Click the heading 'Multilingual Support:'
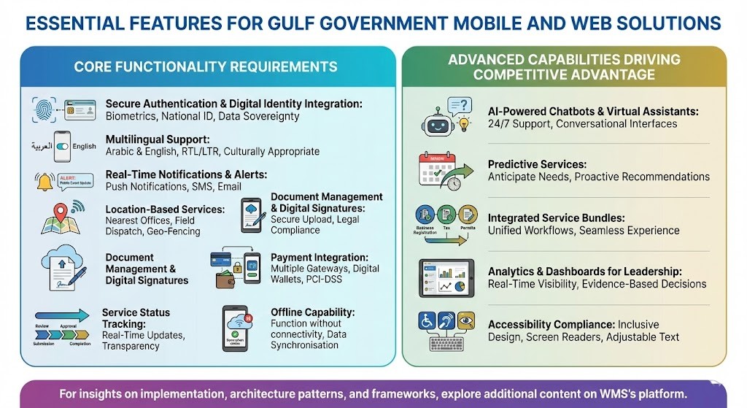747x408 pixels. coord(158,139)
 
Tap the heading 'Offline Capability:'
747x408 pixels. coord(312,312)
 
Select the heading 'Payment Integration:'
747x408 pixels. coord(320,258)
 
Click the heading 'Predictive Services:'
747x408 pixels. coord(537,164)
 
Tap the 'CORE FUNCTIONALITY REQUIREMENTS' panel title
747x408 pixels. coord(206,67)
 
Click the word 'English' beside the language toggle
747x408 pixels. coord(84,146)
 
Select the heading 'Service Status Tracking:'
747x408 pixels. coord(136,317)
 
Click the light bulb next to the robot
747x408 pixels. coord(464,123)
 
